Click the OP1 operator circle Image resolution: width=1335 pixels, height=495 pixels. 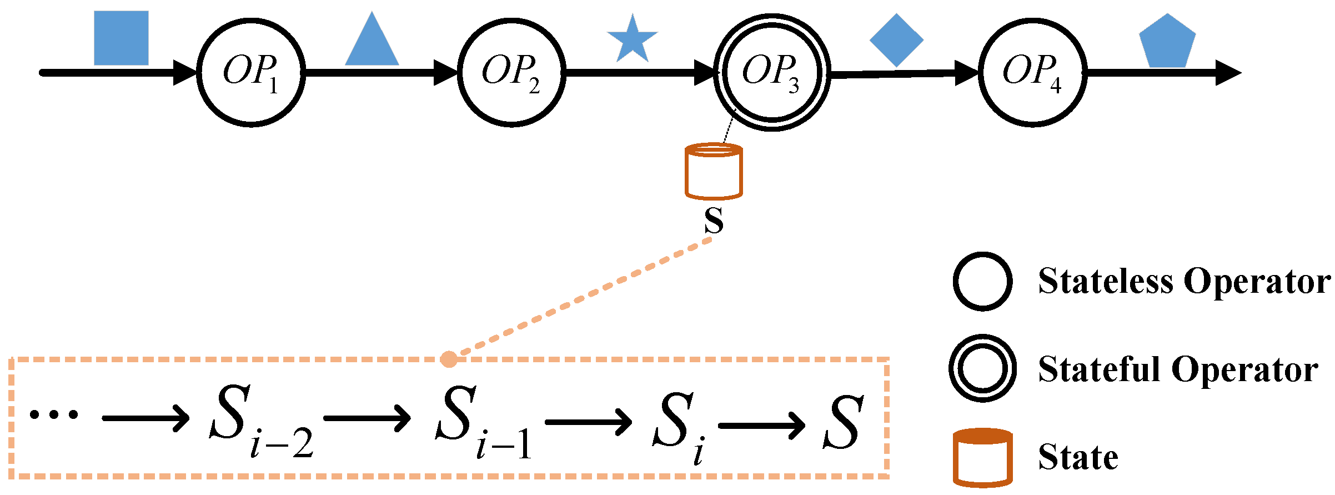click(x=251, y=73)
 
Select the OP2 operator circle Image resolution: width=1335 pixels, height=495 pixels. click(x=511, y=73)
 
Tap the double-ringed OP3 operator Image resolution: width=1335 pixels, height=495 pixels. click(x=772, y=73)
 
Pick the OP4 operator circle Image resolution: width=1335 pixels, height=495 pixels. click(x=1032, y=73)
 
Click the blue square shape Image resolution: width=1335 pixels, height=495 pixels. click(x=121, y=38)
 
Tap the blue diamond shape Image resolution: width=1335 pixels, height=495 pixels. click(x=896, y=40)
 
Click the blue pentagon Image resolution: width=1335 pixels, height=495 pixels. click(x=1167, y=42)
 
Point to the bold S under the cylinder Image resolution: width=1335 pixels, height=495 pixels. click(x=714, y=221)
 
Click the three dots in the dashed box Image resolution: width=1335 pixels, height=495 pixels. click(x=54, y=414)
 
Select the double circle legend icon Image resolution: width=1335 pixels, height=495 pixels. click(x=982, y=368)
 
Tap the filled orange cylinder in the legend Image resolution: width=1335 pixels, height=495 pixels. click(x=982, y=457)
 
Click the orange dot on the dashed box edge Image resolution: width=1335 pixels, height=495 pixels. click(x=449, y=359)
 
